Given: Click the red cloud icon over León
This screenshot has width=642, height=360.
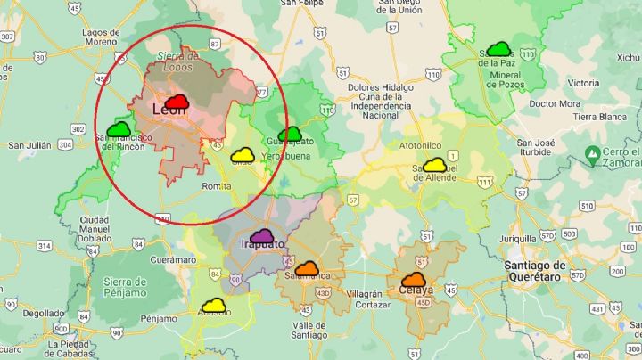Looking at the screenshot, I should tap(177, 102).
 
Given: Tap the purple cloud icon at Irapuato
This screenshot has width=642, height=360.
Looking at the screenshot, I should tap(262, 237).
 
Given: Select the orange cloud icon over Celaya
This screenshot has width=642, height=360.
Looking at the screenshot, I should tap(414, 280).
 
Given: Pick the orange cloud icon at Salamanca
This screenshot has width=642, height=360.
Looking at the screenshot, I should tap(307, 268).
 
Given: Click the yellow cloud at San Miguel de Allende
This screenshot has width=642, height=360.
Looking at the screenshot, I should tap(434, 165).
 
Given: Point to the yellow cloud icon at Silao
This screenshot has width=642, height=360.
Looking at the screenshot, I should tap(243, 156).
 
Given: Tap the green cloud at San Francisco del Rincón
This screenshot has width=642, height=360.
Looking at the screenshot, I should tap(119, 130).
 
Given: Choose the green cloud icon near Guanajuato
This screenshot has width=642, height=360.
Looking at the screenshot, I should tap(290, 135).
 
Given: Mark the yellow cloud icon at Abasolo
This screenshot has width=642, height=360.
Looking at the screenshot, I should tap(213, 306).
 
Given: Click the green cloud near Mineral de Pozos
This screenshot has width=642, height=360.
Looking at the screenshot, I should tap(498, 50).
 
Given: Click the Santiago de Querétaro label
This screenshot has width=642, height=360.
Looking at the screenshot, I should tap(534, 270).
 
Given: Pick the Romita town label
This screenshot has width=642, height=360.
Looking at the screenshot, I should tap(218, 186).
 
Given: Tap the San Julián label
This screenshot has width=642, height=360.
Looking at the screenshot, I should tap(29, 145).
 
